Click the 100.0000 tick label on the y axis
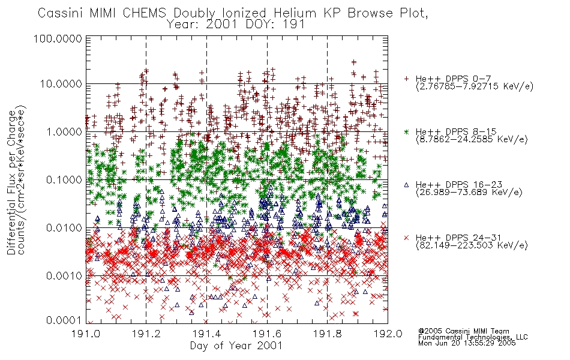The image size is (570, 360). coord(58,38)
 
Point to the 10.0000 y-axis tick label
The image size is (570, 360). coord(61,83)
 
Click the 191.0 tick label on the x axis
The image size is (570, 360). coord(86,334)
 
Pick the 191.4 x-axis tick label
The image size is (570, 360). coord(206,334)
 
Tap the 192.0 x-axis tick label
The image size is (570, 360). coord(388,334)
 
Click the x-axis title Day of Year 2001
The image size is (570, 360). coord(236,346)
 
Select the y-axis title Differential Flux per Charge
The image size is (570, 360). coord(11,182)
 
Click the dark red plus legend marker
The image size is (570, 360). coord(407,79)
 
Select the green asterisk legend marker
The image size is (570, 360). coord(407,131)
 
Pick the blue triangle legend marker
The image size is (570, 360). coord(407,185)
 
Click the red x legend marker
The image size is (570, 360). coord(407,238)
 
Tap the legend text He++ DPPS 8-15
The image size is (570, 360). coord(456,131)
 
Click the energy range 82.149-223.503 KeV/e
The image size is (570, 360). coord(472,245)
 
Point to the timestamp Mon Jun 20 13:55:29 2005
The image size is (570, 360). coord(467,343)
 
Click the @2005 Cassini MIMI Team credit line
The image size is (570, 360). coord(463,331)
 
